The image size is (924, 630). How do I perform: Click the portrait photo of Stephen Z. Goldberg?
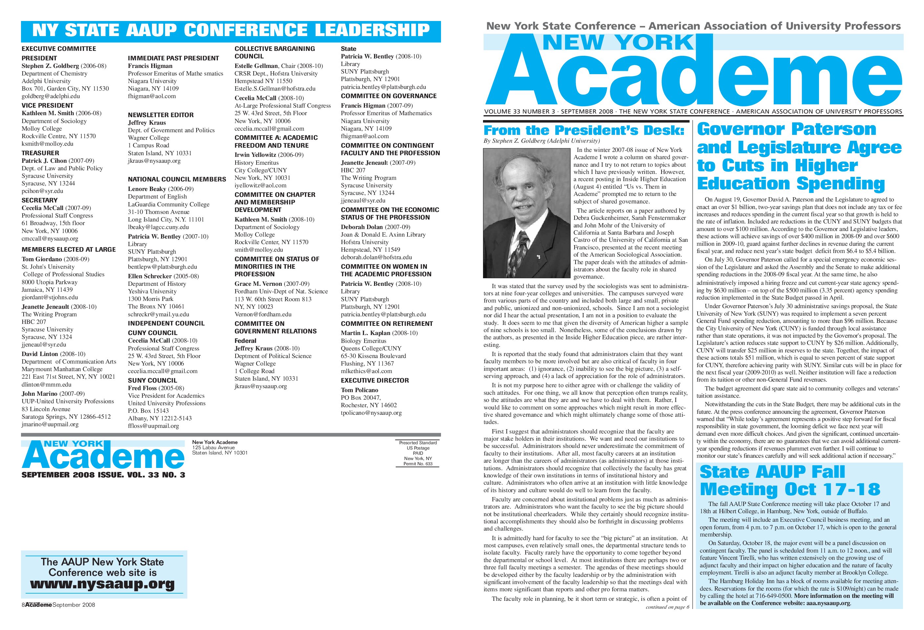coord(526,213)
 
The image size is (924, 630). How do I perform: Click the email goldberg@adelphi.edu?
coord(51,96)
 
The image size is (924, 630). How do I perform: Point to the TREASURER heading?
coord(40,153)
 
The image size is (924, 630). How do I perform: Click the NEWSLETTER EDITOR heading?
coord(161,115)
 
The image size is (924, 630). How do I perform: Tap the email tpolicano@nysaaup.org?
coord(371,413)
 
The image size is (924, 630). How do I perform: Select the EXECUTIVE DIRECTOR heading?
coord(374,380)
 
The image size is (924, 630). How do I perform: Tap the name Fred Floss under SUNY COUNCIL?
coord(142,388)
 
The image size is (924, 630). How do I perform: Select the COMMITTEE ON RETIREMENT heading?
coord(387,324)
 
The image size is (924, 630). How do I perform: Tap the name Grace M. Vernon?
coord(258,284)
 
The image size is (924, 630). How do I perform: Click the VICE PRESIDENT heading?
coord(47,105)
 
